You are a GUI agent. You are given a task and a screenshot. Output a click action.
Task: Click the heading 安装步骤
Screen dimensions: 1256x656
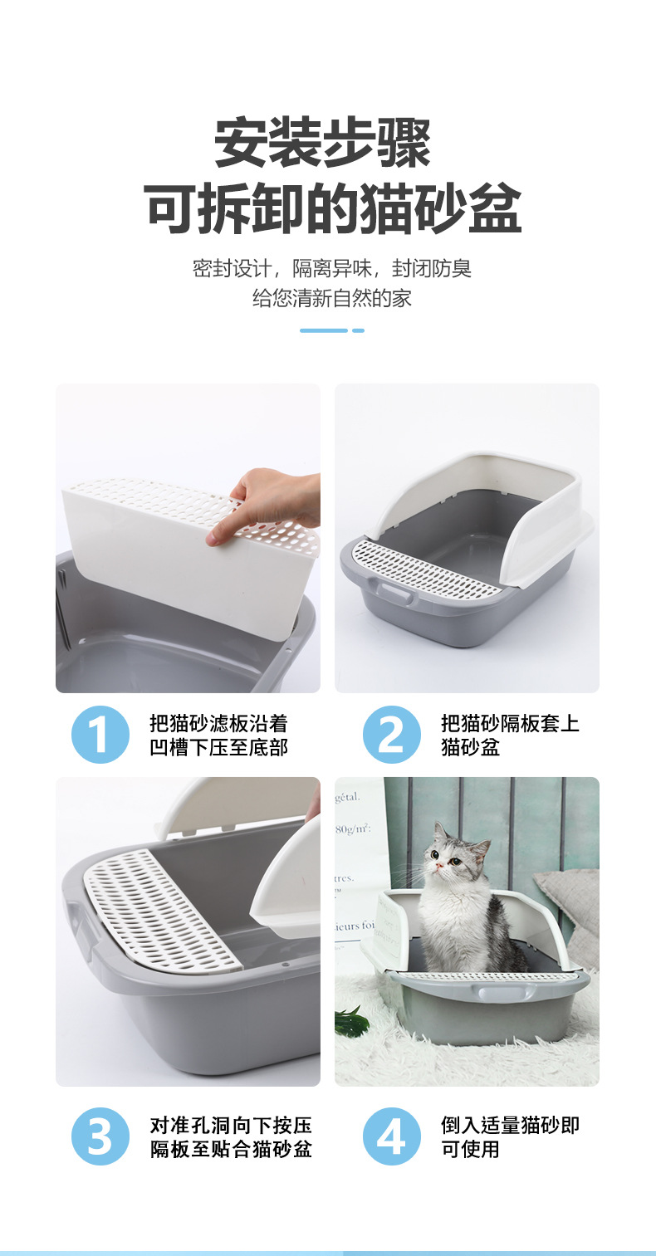click(323, 144)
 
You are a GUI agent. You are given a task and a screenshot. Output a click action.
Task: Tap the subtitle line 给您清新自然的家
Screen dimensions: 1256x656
click(331, 298)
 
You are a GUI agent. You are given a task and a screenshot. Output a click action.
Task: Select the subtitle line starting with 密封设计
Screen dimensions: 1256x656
click(331, 268)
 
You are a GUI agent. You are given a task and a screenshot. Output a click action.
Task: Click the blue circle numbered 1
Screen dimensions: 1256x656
click(100, 735)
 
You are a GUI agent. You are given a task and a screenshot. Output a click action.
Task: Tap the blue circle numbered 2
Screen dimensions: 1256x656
click(392, 735)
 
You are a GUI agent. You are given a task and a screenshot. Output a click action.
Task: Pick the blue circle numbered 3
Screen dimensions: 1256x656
click(100, 1136)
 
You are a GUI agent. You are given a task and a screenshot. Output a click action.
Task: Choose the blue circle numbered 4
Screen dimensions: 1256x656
click(392, 1136)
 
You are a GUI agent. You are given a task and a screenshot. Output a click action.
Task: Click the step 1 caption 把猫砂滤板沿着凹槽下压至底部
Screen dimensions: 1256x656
click(218, 736)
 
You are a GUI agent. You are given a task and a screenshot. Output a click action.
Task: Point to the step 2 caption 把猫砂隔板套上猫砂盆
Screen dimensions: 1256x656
click(509, 736)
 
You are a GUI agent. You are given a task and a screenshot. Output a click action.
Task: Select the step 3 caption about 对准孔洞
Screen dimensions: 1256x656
click(230, 1137)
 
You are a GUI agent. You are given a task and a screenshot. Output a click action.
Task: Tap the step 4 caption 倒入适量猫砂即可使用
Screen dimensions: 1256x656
click(509, 1137)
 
